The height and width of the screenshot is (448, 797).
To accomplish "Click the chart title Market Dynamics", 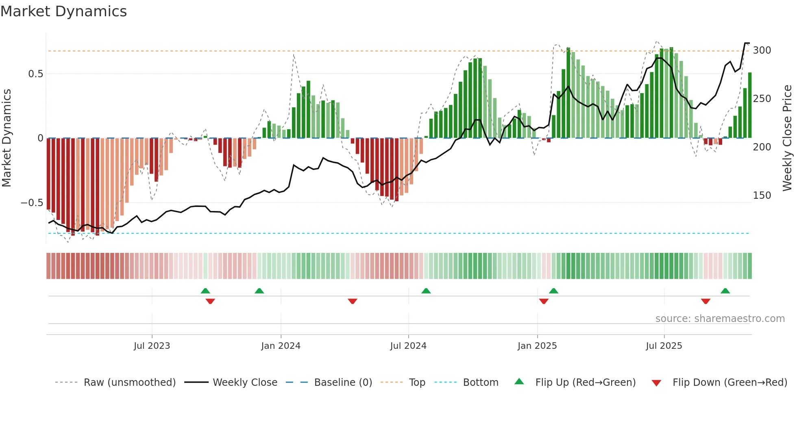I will pos(64,11).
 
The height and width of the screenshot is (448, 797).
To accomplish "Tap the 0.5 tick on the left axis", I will pos(35,74).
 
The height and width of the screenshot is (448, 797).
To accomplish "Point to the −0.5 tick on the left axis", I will pos(32,203).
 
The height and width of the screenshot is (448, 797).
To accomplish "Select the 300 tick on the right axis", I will pos(762,50).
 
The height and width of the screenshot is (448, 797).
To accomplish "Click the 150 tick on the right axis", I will pos(762,196).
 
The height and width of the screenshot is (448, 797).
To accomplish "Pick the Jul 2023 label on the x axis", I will pos(152,346).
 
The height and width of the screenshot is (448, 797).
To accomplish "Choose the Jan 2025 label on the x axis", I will pos(537,346).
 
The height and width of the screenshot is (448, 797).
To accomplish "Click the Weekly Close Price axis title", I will pos(787,138).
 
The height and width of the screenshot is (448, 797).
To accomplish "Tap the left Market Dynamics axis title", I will pos(7,138).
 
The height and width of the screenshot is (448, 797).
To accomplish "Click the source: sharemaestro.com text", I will pos(720,319).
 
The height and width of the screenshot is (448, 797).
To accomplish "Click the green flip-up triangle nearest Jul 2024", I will pos(426,291).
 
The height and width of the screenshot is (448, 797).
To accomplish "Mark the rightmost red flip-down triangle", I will pos(706,301).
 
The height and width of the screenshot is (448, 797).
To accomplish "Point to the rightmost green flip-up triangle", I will pos(725,291).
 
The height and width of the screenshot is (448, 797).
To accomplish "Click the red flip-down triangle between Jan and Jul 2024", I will pos(353,301).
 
